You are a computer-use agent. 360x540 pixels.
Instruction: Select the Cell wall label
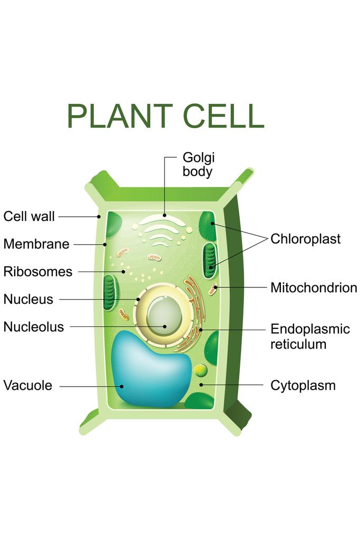pos(29,216)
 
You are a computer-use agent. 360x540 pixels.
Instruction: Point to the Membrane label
pos(36,244)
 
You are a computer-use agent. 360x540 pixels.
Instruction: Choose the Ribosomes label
pos(37,272)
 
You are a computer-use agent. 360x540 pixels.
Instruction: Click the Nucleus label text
pos(28,300)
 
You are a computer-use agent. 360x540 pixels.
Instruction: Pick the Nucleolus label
pos(34,327)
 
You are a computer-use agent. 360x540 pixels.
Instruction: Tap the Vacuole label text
pos(28,385)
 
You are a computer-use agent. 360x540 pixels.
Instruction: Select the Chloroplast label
pos(306,239)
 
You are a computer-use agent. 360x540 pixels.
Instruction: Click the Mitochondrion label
pos(314,288)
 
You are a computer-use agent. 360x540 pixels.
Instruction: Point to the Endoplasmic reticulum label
pos(310,336)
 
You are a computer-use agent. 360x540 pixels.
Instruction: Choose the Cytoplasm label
pos(303,385)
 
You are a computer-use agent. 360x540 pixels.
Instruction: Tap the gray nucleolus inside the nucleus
pos(164,317)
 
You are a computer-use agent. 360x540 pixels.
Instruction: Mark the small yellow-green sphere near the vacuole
pos(200,370)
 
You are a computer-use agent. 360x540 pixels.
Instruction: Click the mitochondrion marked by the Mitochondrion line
pos(213,288)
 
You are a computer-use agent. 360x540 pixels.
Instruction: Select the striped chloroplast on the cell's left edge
pos(111,292)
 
